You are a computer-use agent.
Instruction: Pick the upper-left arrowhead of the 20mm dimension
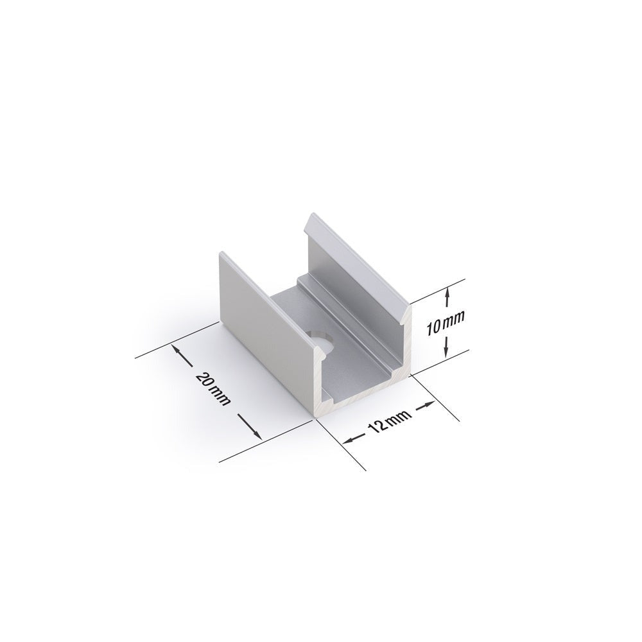pyautogui.click(x=175, y=350)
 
